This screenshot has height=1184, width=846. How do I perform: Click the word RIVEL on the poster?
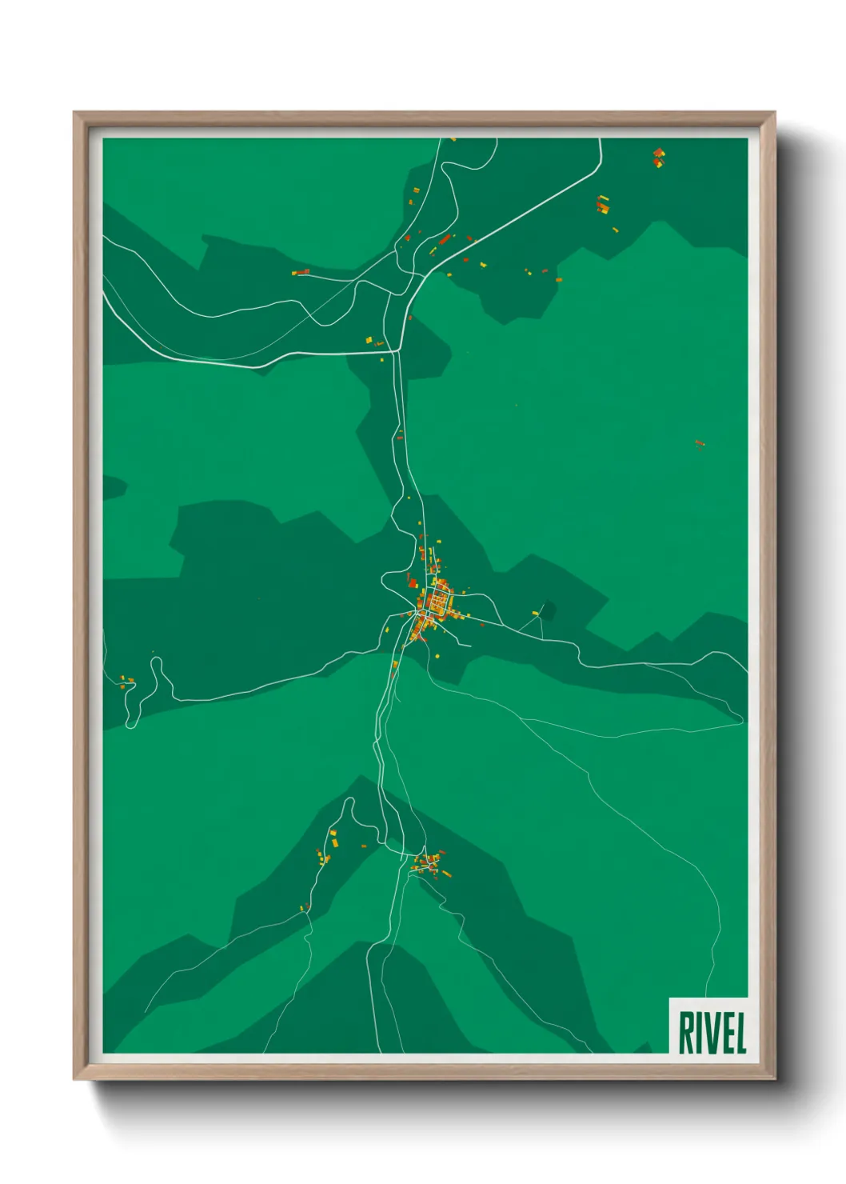(712, 1033)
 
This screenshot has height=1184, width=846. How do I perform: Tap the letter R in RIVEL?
(685, 1033)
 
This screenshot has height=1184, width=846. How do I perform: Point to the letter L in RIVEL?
(740, 1033)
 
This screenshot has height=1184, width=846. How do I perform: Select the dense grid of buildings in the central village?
(438, 599)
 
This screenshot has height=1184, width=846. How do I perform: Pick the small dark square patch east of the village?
(549, 610)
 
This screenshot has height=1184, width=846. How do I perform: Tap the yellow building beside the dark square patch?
(535, 614)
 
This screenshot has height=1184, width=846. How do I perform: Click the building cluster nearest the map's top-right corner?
(658, 157)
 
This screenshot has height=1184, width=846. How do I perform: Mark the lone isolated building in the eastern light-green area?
(700, 443)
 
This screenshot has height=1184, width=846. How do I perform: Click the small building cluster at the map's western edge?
(126, 682)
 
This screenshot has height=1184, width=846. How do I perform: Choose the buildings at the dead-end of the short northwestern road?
(301, 273)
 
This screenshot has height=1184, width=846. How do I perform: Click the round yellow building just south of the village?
(437, 656)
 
